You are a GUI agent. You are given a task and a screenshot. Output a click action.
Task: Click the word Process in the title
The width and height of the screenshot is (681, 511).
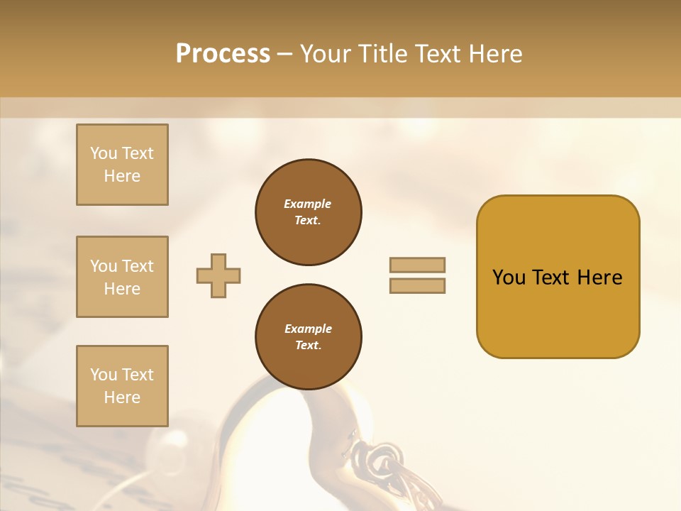223,53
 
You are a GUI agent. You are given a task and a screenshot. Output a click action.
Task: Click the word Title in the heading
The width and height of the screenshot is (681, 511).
382,53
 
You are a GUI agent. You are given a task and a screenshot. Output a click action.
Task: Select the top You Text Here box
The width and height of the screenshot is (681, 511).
122,165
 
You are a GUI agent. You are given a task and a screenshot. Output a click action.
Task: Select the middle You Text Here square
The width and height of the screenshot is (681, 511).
122,277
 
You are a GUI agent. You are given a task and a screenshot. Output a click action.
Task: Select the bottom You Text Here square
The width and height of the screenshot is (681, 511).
122,386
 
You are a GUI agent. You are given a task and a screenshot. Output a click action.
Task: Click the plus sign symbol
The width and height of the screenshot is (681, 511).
218,276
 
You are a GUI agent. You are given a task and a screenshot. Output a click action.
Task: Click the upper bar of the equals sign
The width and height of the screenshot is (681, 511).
418,265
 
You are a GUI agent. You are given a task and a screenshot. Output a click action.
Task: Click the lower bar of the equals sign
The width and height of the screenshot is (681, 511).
418,286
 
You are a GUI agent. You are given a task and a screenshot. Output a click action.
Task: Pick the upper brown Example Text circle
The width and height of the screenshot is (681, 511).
309,212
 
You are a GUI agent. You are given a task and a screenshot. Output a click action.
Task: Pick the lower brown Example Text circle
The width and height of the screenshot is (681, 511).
309,337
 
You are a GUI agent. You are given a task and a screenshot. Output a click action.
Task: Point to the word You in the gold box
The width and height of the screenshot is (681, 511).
509,278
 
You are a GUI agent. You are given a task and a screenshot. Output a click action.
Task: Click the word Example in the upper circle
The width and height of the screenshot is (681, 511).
308,204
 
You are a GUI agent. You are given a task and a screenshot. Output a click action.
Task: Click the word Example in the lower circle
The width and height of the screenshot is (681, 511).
308,329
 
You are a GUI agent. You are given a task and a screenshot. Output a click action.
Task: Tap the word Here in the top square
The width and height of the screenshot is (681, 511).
122,176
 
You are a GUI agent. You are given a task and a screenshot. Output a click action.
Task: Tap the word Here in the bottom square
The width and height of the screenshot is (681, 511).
122,397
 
